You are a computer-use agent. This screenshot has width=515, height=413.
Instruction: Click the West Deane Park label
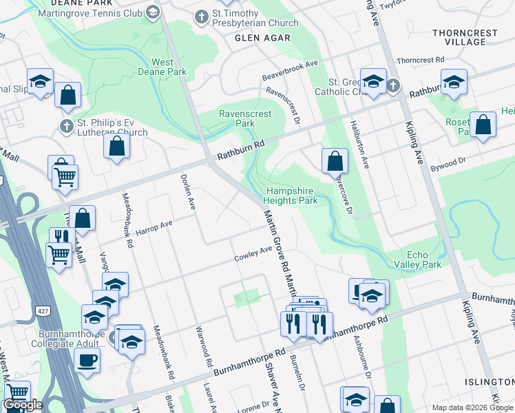click(x=162, y=67)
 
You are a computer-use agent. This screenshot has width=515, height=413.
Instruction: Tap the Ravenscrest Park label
click(x=237, y=118)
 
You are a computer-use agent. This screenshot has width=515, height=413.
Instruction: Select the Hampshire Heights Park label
click(x=292, y=195)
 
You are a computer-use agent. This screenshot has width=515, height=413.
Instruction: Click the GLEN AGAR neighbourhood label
click(x=262, y=38)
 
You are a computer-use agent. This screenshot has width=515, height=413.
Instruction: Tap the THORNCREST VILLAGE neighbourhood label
click(x=460, y=37)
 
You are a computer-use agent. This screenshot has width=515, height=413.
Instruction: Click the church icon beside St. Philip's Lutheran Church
click(x=66, y=126)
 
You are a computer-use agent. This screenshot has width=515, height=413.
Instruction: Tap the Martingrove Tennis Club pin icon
click(x=153, y=12)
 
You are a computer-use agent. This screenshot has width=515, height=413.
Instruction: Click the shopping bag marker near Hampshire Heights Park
click(x=335, y=161)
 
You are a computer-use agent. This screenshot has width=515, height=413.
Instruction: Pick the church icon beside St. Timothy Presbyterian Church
click(x=202, y=17)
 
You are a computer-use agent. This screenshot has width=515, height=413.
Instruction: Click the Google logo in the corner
click(x=23, y=405)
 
